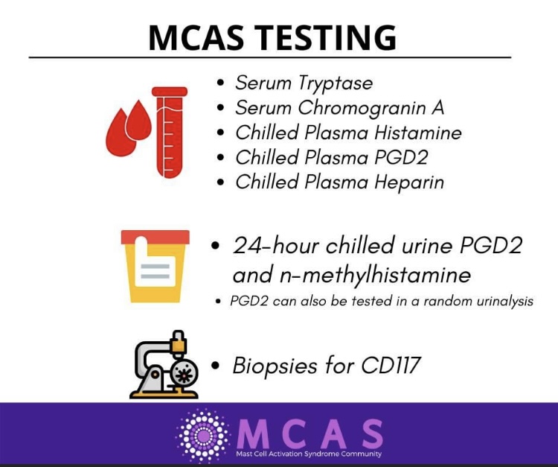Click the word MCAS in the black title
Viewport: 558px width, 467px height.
196,37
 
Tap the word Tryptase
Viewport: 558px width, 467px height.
336,83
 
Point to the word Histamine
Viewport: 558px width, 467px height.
418,133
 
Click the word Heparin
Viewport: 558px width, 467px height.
409,182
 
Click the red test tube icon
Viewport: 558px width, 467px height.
170,132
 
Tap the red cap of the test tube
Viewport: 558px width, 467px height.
170,92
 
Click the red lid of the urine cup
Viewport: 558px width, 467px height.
155,238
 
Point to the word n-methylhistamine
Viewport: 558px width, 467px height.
375,275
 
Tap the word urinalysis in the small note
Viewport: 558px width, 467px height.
504,302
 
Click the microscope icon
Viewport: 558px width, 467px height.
164,364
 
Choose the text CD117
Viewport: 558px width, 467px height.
391,366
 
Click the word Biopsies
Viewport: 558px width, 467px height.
275,366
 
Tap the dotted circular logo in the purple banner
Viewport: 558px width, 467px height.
203,435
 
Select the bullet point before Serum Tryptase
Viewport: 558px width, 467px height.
221,83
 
